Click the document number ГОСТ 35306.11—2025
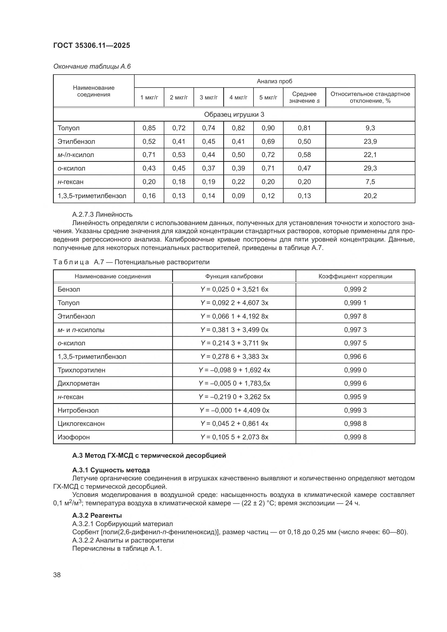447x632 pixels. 91,45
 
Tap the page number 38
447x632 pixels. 57,575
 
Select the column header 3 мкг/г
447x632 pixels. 208,98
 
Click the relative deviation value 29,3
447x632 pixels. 370,168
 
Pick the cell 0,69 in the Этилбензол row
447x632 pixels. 268,142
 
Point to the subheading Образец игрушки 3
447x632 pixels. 234,115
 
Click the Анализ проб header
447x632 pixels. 274,81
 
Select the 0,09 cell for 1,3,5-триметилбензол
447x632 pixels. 238,196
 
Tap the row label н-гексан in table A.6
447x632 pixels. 71,182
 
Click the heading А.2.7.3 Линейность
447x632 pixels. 102,215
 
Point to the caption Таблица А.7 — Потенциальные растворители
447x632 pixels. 131,262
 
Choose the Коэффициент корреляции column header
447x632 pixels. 355,276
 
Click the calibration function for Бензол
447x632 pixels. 234,289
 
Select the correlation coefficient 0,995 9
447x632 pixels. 355,397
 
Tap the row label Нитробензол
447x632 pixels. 78,410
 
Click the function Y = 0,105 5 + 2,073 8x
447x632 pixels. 234,437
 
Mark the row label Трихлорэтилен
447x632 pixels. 81,370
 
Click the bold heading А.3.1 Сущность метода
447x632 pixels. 111,470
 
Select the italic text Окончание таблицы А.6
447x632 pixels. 92,66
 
